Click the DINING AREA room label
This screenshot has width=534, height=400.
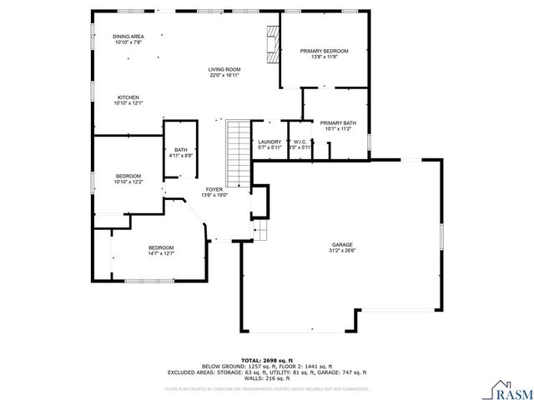click(x=128, y=37)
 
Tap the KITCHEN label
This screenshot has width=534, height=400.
click(x=128, y=97)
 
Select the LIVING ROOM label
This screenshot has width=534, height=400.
click(x=224, y=69)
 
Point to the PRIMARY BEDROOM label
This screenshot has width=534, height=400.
click(x=324, y=52)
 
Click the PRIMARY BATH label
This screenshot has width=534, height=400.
click(x=337, y=123)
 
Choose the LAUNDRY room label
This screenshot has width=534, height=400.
click(x=269, y=142)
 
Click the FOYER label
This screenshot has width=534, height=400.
click(x=214, y=190)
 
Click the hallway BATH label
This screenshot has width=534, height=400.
click(x=180, y=150)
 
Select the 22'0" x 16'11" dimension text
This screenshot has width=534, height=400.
click(x=224, y=75)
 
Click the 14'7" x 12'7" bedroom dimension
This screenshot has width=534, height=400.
click(x=161, y=253)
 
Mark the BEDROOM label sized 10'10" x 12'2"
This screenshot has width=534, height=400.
click(x=128, y=176)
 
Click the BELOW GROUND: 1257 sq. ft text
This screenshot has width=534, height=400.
click(x=236, y=366)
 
